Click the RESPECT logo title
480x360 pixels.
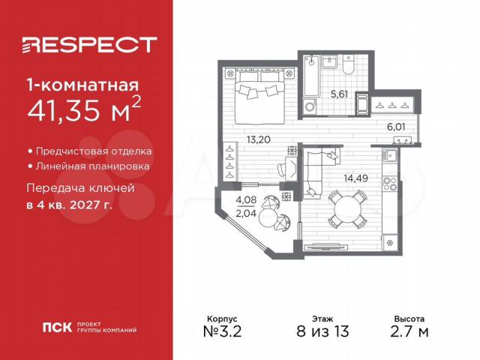tap(89, 45)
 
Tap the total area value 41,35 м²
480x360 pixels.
tap(84, 108)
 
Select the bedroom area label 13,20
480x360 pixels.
tap(259, 139)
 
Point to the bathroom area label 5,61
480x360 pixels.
tap(339, 94)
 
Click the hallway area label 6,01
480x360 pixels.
tap(396, 127)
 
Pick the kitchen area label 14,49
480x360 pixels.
tap(355, 178)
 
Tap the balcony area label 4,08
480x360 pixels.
tap(246, 200)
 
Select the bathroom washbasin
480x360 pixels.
tap(329, 62)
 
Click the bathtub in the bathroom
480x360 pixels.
tap(312, 76)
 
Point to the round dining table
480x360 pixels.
tap(347, 209)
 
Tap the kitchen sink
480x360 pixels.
tap(390, 156)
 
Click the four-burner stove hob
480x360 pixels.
tap(390, 184)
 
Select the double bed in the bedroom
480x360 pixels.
tap(260, 97)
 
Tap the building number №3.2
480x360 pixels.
tap(223, 331)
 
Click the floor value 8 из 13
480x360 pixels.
tap(322, 331)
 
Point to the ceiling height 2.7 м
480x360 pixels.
tap(409, 331)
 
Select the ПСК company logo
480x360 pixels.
tap(57, 327)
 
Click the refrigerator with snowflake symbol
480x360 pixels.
tap(390, 243)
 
